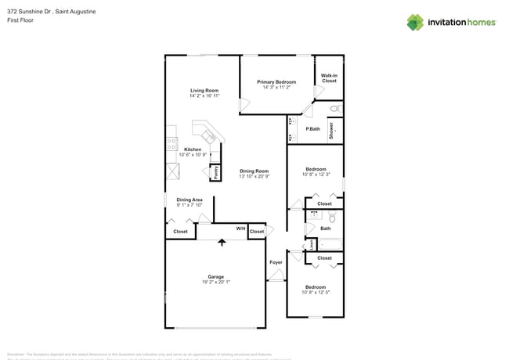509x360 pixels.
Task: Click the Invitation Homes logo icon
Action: tap(415, 22)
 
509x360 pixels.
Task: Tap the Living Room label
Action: tap(204, 90)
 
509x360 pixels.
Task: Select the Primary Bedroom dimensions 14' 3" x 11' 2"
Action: tap(276, 88)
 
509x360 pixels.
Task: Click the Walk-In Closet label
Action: tap(329, 78)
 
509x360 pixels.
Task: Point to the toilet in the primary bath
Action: tap(334, 109)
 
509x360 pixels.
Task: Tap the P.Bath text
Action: tap(312, 128)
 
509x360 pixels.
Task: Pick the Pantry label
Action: tap(214, 172)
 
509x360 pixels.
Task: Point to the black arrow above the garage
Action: tap(222, 243)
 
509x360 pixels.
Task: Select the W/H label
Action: tap(240, 229)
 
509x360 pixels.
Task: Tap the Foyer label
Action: tap(276, 262)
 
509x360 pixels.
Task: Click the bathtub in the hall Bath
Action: tap(329, 243)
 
